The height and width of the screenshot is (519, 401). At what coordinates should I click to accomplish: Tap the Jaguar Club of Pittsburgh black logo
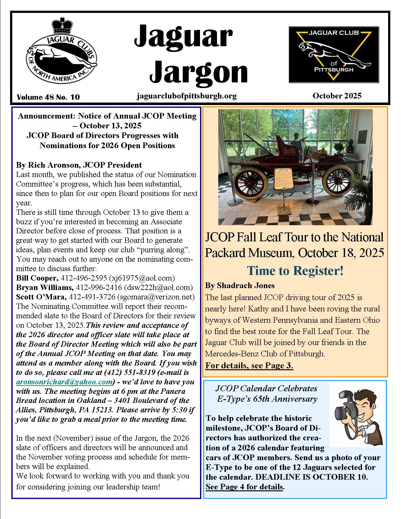pyautogui.click(x=334, y=54)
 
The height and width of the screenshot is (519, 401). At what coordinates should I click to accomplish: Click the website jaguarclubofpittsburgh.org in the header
pyautogui.click(x=187, y=96)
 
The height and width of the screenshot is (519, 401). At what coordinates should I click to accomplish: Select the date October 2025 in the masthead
pyautogui.click(x=337, y=96)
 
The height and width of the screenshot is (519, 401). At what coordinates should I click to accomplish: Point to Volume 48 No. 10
pyautogui.click(x=48, y=97)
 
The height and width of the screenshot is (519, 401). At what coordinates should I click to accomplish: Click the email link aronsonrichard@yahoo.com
pyautogui.click(x=64, y=382)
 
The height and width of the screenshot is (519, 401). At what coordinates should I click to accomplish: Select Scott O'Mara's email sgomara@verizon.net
pyautogui.click(x=156, y=297)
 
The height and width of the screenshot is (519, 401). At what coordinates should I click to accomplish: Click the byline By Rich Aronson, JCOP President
pyautogui.click(x=79, y=165)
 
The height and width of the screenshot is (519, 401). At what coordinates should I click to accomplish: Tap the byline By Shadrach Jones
pyautogui.click(x=240, y=286)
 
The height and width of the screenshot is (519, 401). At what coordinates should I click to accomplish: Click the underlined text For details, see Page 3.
pyautogui.click(x=249, y=366)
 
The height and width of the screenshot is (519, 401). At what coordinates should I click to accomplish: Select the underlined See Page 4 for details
pyautogui.click(x=244, y=487)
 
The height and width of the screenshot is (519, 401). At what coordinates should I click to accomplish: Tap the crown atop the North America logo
pyautogui.click(x=62, y=26)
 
